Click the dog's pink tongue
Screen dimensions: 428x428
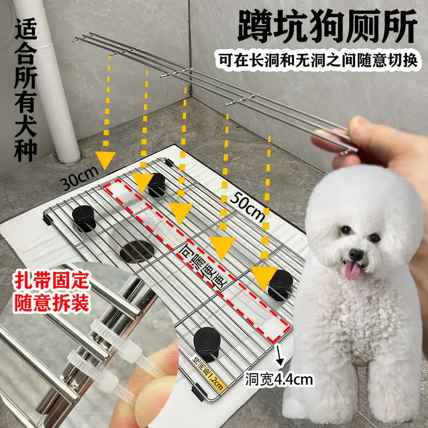coord(353,270)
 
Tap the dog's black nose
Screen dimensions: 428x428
coord(356,253)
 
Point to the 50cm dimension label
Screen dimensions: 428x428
coord(248,206)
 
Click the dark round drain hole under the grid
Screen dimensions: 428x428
coord(137,252)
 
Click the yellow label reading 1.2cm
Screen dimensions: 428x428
coord(211,374)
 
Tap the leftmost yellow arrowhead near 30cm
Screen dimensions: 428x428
coord(105,160)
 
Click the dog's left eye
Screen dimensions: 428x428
coord(346,230)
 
